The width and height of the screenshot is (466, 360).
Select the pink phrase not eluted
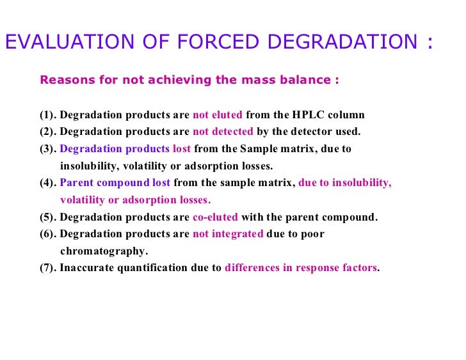pos(218,116)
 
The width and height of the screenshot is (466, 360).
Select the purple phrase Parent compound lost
pos(115,183)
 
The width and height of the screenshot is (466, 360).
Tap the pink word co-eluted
pos(215,217)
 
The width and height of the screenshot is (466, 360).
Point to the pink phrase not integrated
pos(228,234)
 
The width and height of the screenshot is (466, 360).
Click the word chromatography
pos(104,251)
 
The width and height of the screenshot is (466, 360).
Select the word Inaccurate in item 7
pos(86,268)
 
